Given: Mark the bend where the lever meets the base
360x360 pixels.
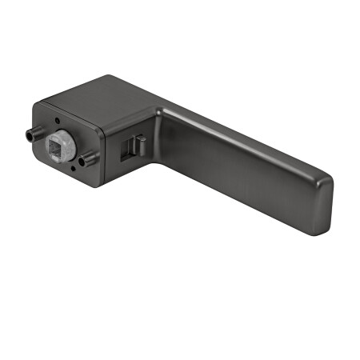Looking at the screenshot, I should click(160, 120).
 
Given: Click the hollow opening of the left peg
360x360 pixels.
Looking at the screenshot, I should click(26, 137).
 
